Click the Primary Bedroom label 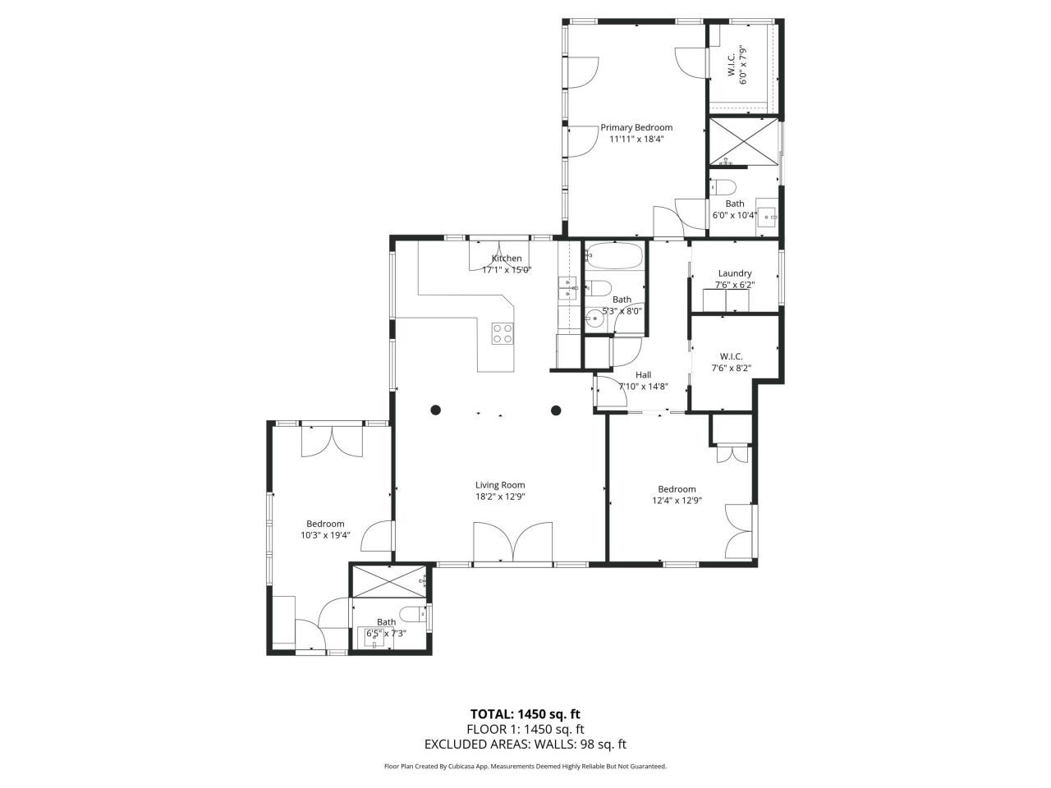click(636, 127)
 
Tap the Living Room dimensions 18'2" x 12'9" click(500, 497)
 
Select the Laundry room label click(734, 273)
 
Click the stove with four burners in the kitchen click(503, 333)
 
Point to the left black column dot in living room click(436, 410)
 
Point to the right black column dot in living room click(556, 410)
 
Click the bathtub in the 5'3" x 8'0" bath click(614, 258)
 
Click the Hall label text click(643, 374)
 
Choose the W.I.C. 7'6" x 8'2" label click(731, 356)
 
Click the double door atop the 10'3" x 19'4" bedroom click(333, 441)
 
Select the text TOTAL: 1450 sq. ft click(525, 713)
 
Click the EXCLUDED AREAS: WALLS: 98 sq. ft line click(525, 744)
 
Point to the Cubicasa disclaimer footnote click(525, 767)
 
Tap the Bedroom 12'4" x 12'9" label click(677, 489)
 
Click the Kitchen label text click(507, 259)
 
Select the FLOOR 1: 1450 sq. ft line click(525, 729)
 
